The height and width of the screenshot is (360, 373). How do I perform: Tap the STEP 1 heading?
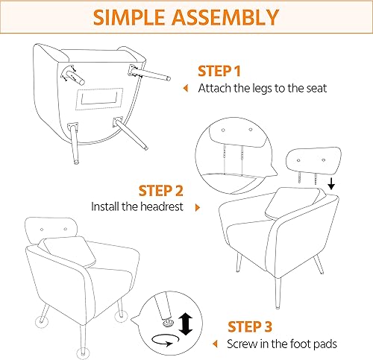pos(219,72)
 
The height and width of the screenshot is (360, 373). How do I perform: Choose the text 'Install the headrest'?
pos(139,206)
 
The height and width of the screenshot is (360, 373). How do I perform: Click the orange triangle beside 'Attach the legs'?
pos(186,88)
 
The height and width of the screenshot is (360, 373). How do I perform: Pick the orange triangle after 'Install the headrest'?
pos(198,206)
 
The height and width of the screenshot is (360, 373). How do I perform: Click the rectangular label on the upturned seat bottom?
pos(101,96)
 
